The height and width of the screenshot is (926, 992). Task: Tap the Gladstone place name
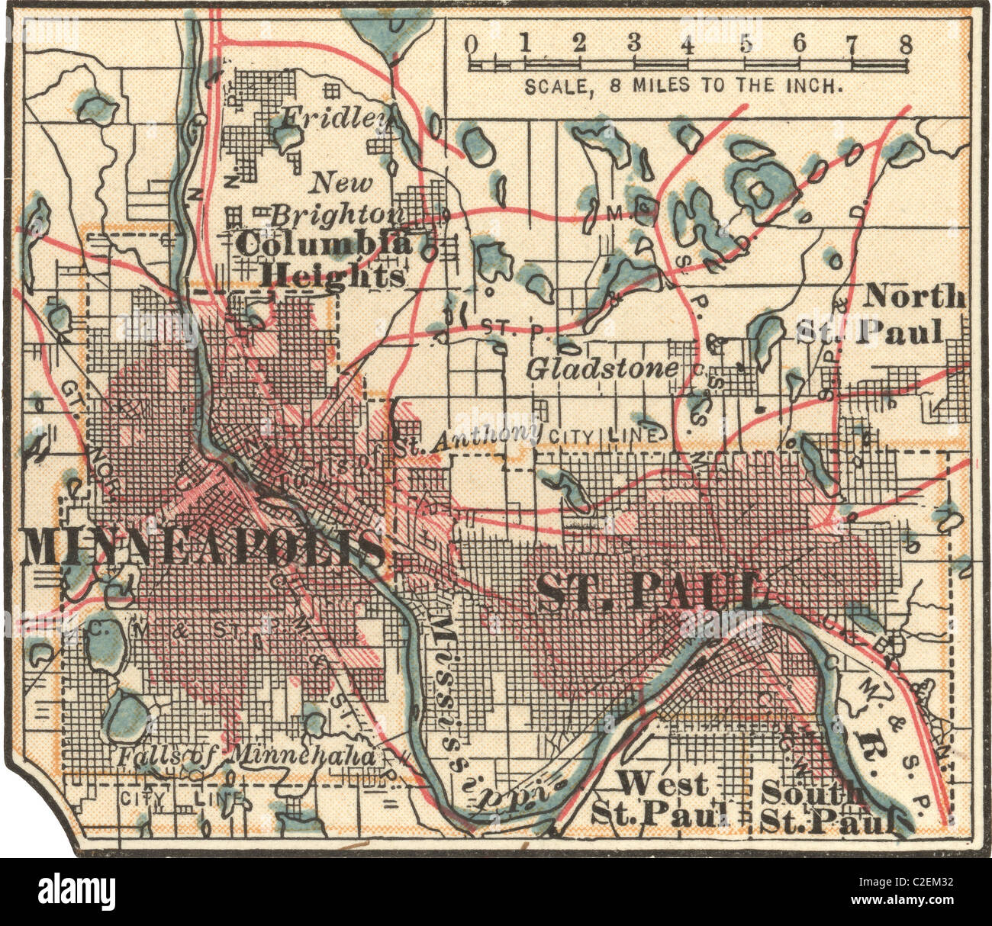(601, 369)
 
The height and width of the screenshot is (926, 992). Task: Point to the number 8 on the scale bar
(905, 43)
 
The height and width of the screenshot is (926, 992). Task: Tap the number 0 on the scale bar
(472, 43)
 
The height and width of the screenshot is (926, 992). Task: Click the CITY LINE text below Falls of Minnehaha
(183, 799)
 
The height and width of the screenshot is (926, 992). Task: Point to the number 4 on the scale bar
(688, 43)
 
